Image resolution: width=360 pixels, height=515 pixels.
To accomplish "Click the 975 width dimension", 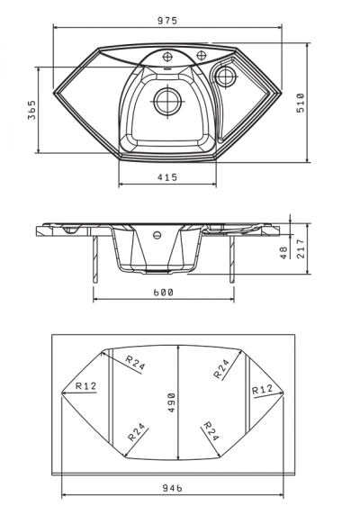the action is (x=167, y=21).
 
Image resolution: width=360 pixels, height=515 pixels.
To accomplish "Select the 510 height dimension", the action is (x=301, y=103).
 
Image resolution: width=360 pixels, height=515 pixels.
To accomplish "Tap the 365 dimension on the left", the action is (x=31, y=110).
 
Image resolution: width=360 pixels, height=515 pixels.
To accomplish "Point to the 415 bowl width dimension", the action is (x=167, y=177).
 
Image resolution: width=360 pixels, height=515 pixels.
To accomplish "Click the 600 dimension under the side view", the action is (x=164, y=293).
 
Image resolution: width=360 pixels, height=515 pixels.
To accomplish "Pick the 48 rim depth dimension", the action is (x=283, y=253).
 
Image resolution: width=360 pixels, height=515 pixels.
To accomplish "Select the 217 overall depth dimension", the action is (x=301, y=248).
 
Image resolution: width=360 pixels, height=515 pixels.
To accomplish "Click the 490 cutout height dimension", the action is (x=172, y=402).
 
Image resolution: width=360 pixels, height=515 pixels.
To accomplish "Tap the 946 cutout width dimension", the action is (x=173, y=488).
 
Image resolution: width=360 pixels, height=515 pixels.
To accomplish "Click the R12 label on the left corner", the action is (x=86, y=385).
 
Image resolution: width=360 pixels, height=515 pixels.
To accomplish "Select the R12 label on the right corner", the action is (x=262, y=390).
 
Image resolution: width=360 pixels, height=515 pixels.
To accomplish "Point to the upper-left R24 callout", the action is (x=135, y=362).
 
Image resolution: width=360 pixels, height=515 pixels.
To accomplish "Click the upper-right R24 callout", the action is (x=221, y=368).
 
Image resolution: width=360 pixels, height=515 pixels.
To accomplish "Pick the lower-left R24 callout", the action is (x=136, y=432).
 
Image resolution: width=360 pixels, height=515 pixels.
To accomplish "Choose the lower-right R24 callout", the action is (x=211, y=431).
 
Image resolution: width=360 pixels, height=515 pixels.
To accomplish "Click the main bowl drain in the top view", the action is (x=167, y=101).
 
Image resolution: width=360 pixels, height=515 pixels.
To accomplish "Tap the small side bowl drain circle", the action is (x=226, y=77).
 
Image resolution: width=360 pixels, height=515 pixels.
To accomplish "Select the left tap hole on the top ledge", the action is (x=167, y=57).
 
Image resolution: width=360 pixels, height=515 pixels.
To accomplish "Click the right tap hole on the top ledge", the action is (x=200, y=55).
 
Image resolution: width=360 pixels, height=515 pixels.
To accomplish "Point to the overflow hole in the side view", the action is (x=157, y=235).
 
